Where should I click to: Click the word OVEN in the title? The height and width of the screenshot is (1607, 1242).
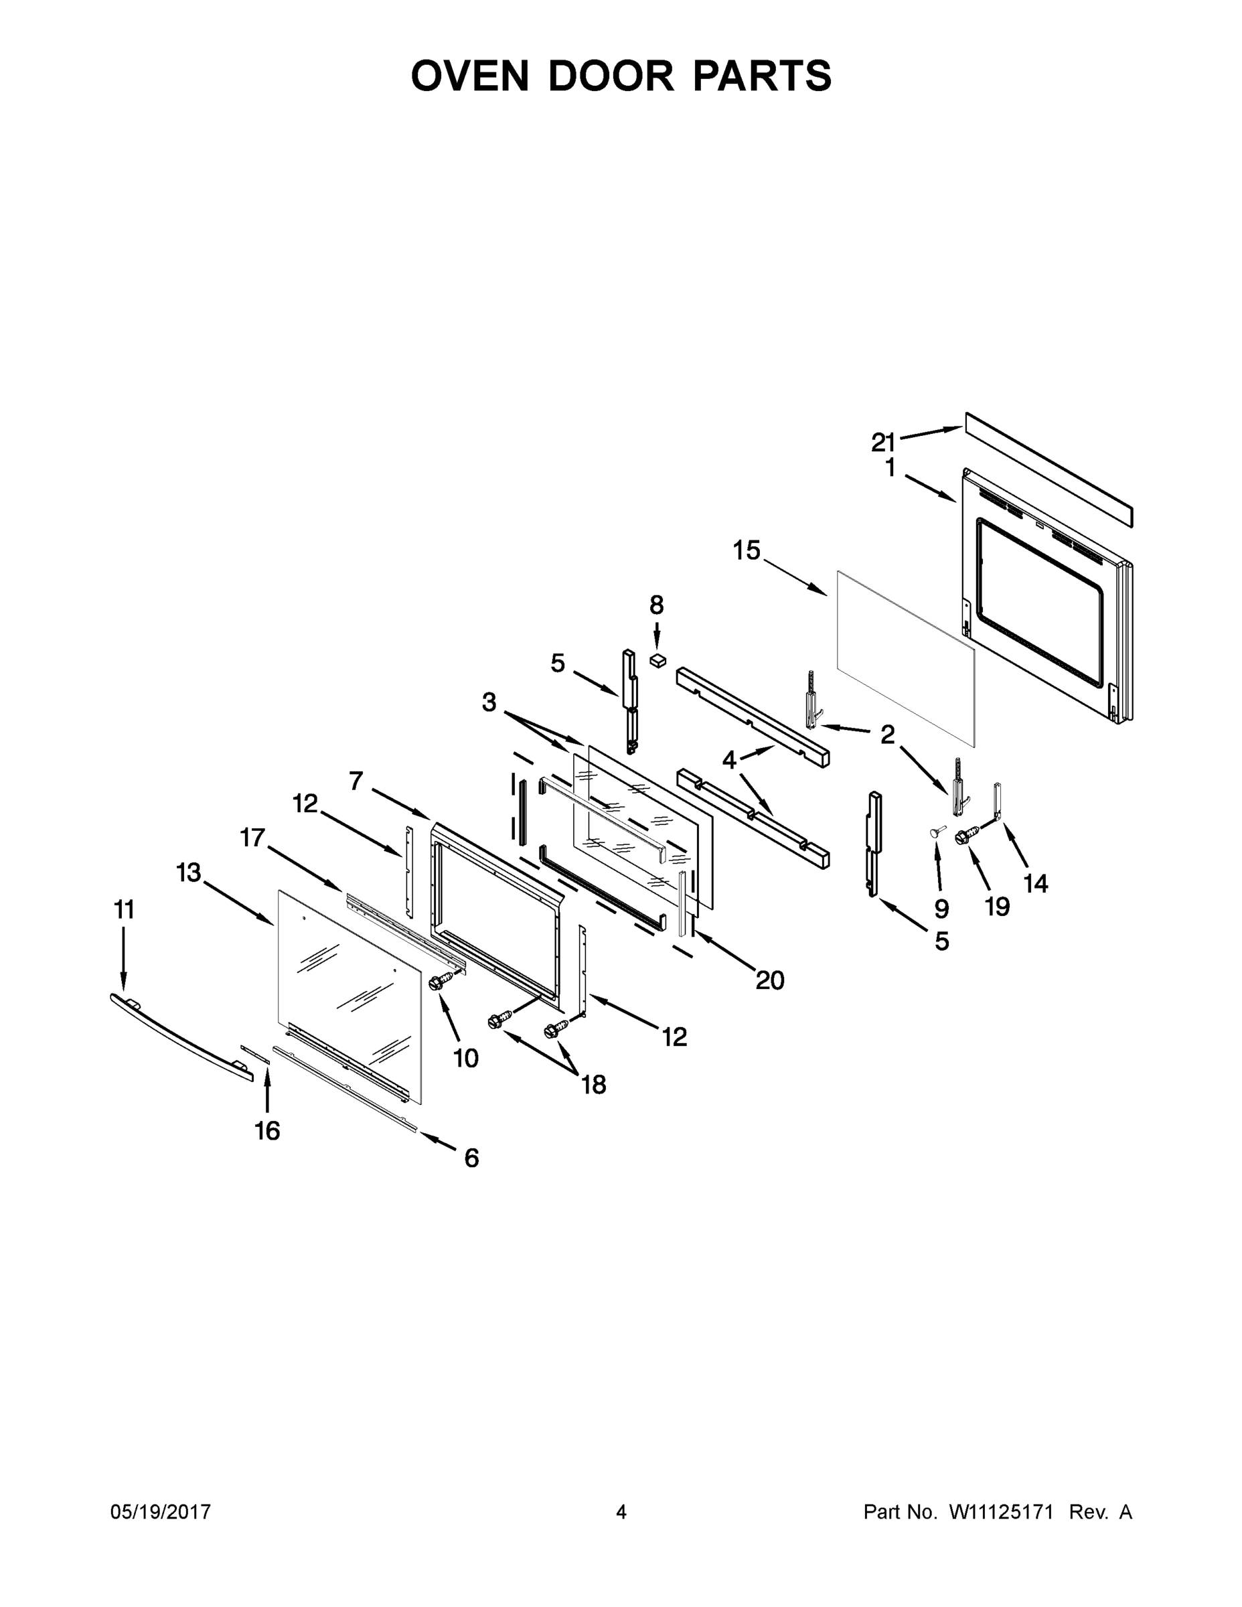tap(469, 76)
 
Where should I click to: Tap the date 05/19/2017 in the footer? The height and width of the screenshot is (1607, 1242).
tap(161, 1512)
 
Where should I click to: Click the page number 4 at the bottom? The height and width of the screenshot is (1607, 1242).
tap(621, 1512)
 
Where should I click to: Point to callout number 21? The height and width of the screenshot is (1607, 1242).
tap(883, 442)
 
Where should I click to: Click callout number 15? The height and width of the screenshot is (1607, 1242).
tap(746, 550)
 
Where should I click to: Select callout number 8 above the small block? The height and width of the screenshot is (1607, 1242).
tap(656, 605)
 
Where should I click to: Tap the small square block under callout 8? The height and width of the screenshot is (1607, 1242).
tap(657, 660)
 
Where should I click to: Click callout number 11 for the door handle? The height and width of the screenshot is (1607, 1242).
tap(124, 910)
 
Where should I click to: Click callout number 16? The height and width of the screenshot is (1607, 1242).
tap(267, 1130)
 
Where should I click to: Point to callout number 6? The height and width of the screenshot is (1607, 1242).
tap(471, 1158)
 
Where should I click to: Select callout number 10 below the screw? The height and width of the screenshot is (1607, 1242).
tap(466, 1058)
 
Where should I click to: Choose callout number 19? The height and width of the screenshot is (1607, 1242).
tap(997, 907)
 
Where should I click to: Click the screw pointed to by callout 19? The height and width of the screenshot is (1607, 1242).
tap(966, 836)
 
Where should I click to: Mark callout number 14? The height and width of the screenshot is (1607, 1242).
tap(1035, 883)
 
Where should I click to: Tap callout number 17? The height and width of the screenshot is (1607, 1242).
tap(252, 838)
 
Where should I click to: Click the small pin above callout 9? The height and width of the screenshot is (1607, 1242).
tap(937, 831)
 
